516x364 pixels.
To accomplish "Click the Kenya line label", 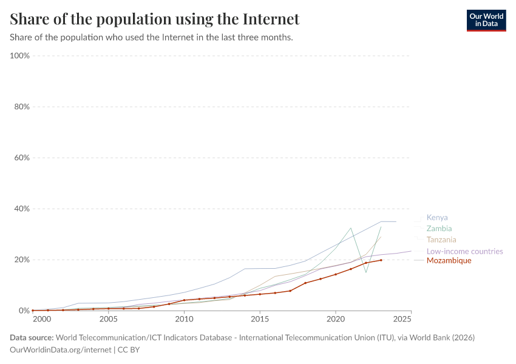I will point(437,218).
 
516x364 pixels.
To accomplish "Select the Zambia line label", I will point(439,229).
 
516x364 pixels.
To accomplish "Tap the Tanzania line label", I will point(441,240).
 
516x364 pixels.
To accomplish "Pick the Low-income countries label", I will point(464,251).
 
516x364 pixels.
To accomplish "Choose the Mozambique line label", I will point(449,261).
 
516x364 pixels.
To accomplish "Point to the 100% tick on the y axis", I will point(20,56).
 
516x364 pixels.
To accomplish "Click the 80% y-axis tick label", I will point(22,107).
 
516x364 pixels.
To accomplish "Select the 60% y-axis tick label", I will point(22,158).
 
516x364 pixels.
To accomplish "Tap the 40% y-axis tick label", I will point(22,209).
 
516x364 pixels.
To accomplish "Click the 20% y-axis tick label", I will point(22,260).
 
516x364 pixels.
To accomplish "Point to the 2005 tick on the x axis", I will point(109,319).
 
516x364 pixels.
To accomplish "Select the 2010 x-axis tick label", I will point(184,319).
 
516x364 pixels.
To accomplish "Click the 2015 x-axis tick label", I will point(260,319).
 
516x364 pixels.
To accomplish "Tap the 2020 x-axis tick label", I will point(336,319).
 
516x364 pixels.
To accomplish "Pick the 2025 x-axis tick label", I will point(402,319).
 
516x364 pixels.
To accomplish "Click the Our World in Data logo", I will point(486,20).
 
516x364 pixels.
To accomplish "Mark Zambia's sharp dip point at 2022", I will point(366,272).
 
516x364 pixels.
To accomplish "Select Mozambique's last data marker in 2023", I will point(381,260).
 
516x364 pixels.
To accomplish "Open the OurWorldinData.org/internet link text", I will point(61,350).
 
